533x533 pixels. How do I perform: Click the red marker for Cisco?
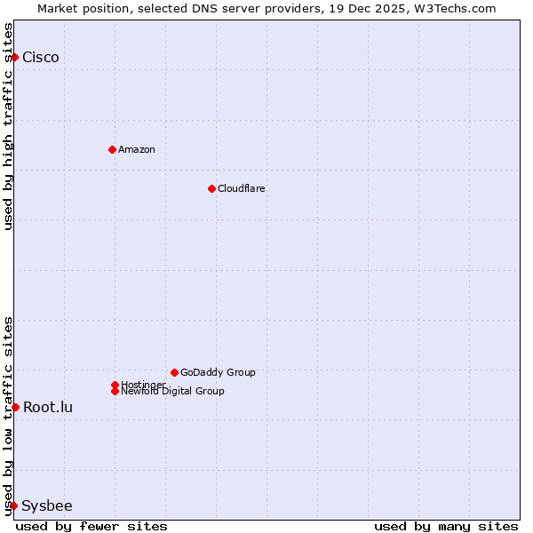pyautogui.click(x=14, y=57)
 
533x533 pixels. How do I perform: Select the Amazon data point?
pyautogui.click(x=112, y=149)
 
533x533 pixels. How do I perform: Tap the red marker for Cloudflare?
pyautogui.click(x=211, y=188)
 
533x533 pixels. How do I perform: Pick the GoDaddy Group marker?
pyautogui.click(x=174, y=372)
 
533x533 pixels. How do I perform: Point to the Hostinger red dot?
pyautogui.click(x=115, y=385)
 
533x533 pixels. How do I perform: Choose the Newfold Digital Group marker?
pyautogui.click(x=115, y=391)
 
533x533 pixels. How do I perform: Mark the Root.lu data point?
pyautogui.click(x=15, y=407)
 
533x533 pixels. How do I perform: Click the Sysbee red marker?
pyautogui.click(x=13, y=505)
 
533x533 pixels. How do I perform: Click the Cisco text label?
pyautogui.click(x=41, y=58)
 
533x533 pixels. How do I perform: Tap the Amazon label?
pyautogui.click(x=137, y=149)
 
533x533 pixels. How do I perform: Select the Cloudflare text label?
pyautogui.click(x=242, y=188)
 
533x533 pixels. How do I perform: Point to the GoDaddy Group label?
pyautogui.click(x=218, y=372)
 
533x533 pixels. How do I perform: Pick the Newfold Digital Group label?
pyautogui.click(x=173, y=392)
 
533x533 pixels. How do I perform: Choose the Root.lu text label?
pyautogui.click(x=48, y=408)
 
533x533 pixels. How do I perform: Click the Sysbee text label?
pyautogui.click(x=47, y=506)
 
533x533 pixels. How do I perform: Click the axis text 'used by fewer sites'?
pyautogui.click(x=91, y=526)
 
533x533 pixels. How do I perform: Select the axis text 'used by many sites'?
pyautogui.click(x=446, y=526)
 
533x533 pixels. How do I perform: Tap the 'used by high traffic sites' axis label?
pyautogui.click(x=9, y=126)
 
